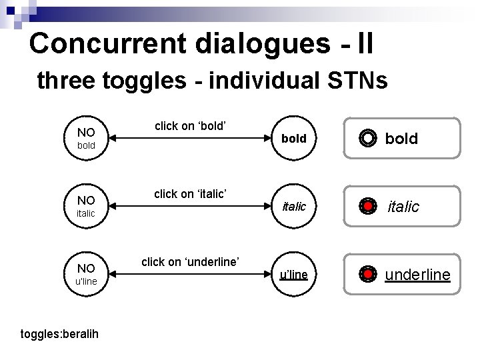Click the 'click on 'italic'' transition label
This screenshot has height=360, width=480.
click(191, 193)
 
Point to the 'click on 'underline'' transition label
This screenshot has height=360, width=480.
click(190, 261)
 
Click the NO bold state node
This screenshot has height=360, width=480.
click(87, 138)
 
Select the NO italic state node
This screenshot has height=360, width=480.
click(86, 206)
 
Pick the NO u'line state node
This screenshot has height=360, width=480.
click(86, 274)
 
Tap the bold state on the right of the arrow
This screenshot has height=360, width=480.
click(293, 139)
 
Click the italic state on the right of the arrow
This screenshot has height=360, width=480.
click(293, 207)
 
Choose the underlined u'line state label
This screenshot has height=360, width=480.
click(293, 275)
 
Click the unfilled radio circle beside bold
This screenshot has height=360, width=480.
click(367, 139)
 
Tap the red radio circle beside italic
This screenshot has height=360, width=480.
click(367, 207)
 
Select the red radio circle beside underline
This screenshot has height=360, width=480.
click(367, 274)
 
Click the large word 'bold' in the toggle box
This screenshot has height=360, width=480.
click(401, 139)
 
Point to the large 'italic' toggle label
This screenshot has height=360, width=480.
click(403, 207)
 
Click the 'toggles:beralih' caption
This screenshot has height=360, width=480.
click(59, 333)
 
